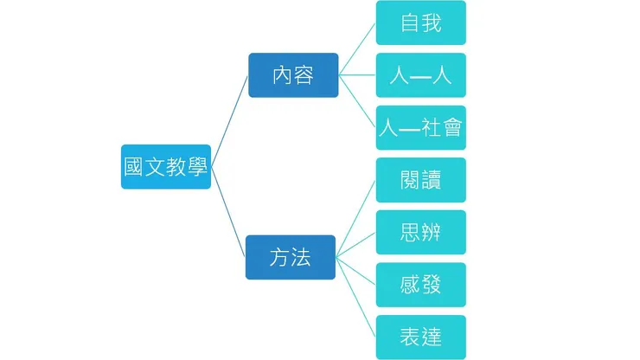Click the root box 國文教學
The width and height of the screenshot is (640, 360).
tap(166, 166)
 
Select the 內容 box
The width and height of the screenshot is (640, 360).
tap(293, 75)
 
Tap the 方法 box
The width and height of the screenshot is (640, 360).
tap(291, 257)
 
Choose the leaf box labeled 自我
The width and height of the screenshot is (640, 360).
tap(421, 22)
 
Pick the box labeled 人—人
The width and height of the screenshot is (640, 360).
tap(421, 75)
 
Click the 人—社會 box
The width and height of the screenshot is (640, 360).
tap(421, 128)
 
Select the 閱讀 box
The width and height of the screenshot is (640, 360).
tap(421, 180)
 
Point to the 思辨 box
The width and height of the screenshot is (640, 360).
tap(421, 233)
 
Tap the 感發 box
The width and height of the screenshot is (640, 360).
tap(421, 285)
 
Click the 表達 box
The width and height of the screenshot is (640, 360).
tap(421, 337)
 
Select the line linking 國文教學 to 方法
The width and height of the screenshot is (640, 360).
tap(229, 213)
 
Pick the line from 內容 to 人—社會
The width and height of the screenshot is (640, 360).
tap(357, 101)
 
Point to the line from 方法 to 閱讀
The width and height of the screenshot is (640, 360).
tap(356, 218)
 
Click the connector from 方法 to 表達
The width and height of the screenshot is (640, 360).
tap(356, 297)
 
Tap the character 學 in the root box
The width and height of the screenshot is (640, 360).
tap(197, 166)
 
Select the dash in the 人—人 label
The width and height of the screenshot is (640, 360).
tap(421, 76)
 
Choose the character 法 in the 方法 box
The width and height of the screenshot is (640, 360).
tap(301, 257)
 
